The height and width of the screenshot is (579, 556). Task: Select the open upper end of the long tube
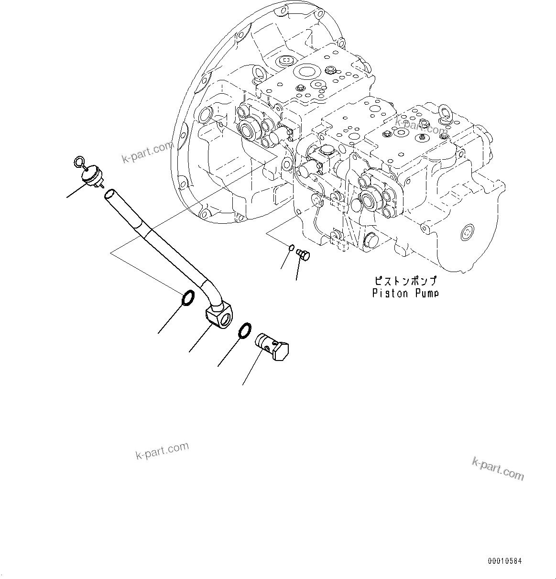tap(109, 193)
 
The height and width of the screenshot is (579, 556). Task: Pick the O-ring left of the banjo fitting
tap(187, 297)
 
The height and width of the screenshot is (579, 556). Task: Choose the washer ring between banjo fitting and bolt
tap(244, 330)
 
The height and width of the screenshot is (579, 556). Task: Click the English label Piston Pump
tap(405, 293)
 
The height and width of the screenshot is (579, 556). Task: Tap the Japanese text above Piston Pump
tap(405, 281)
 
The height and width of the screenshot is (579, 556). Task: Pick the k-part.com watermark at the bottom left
tap(162, 450)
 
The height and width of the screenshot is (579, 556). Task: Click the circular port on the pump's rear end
tap(468, 233)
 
